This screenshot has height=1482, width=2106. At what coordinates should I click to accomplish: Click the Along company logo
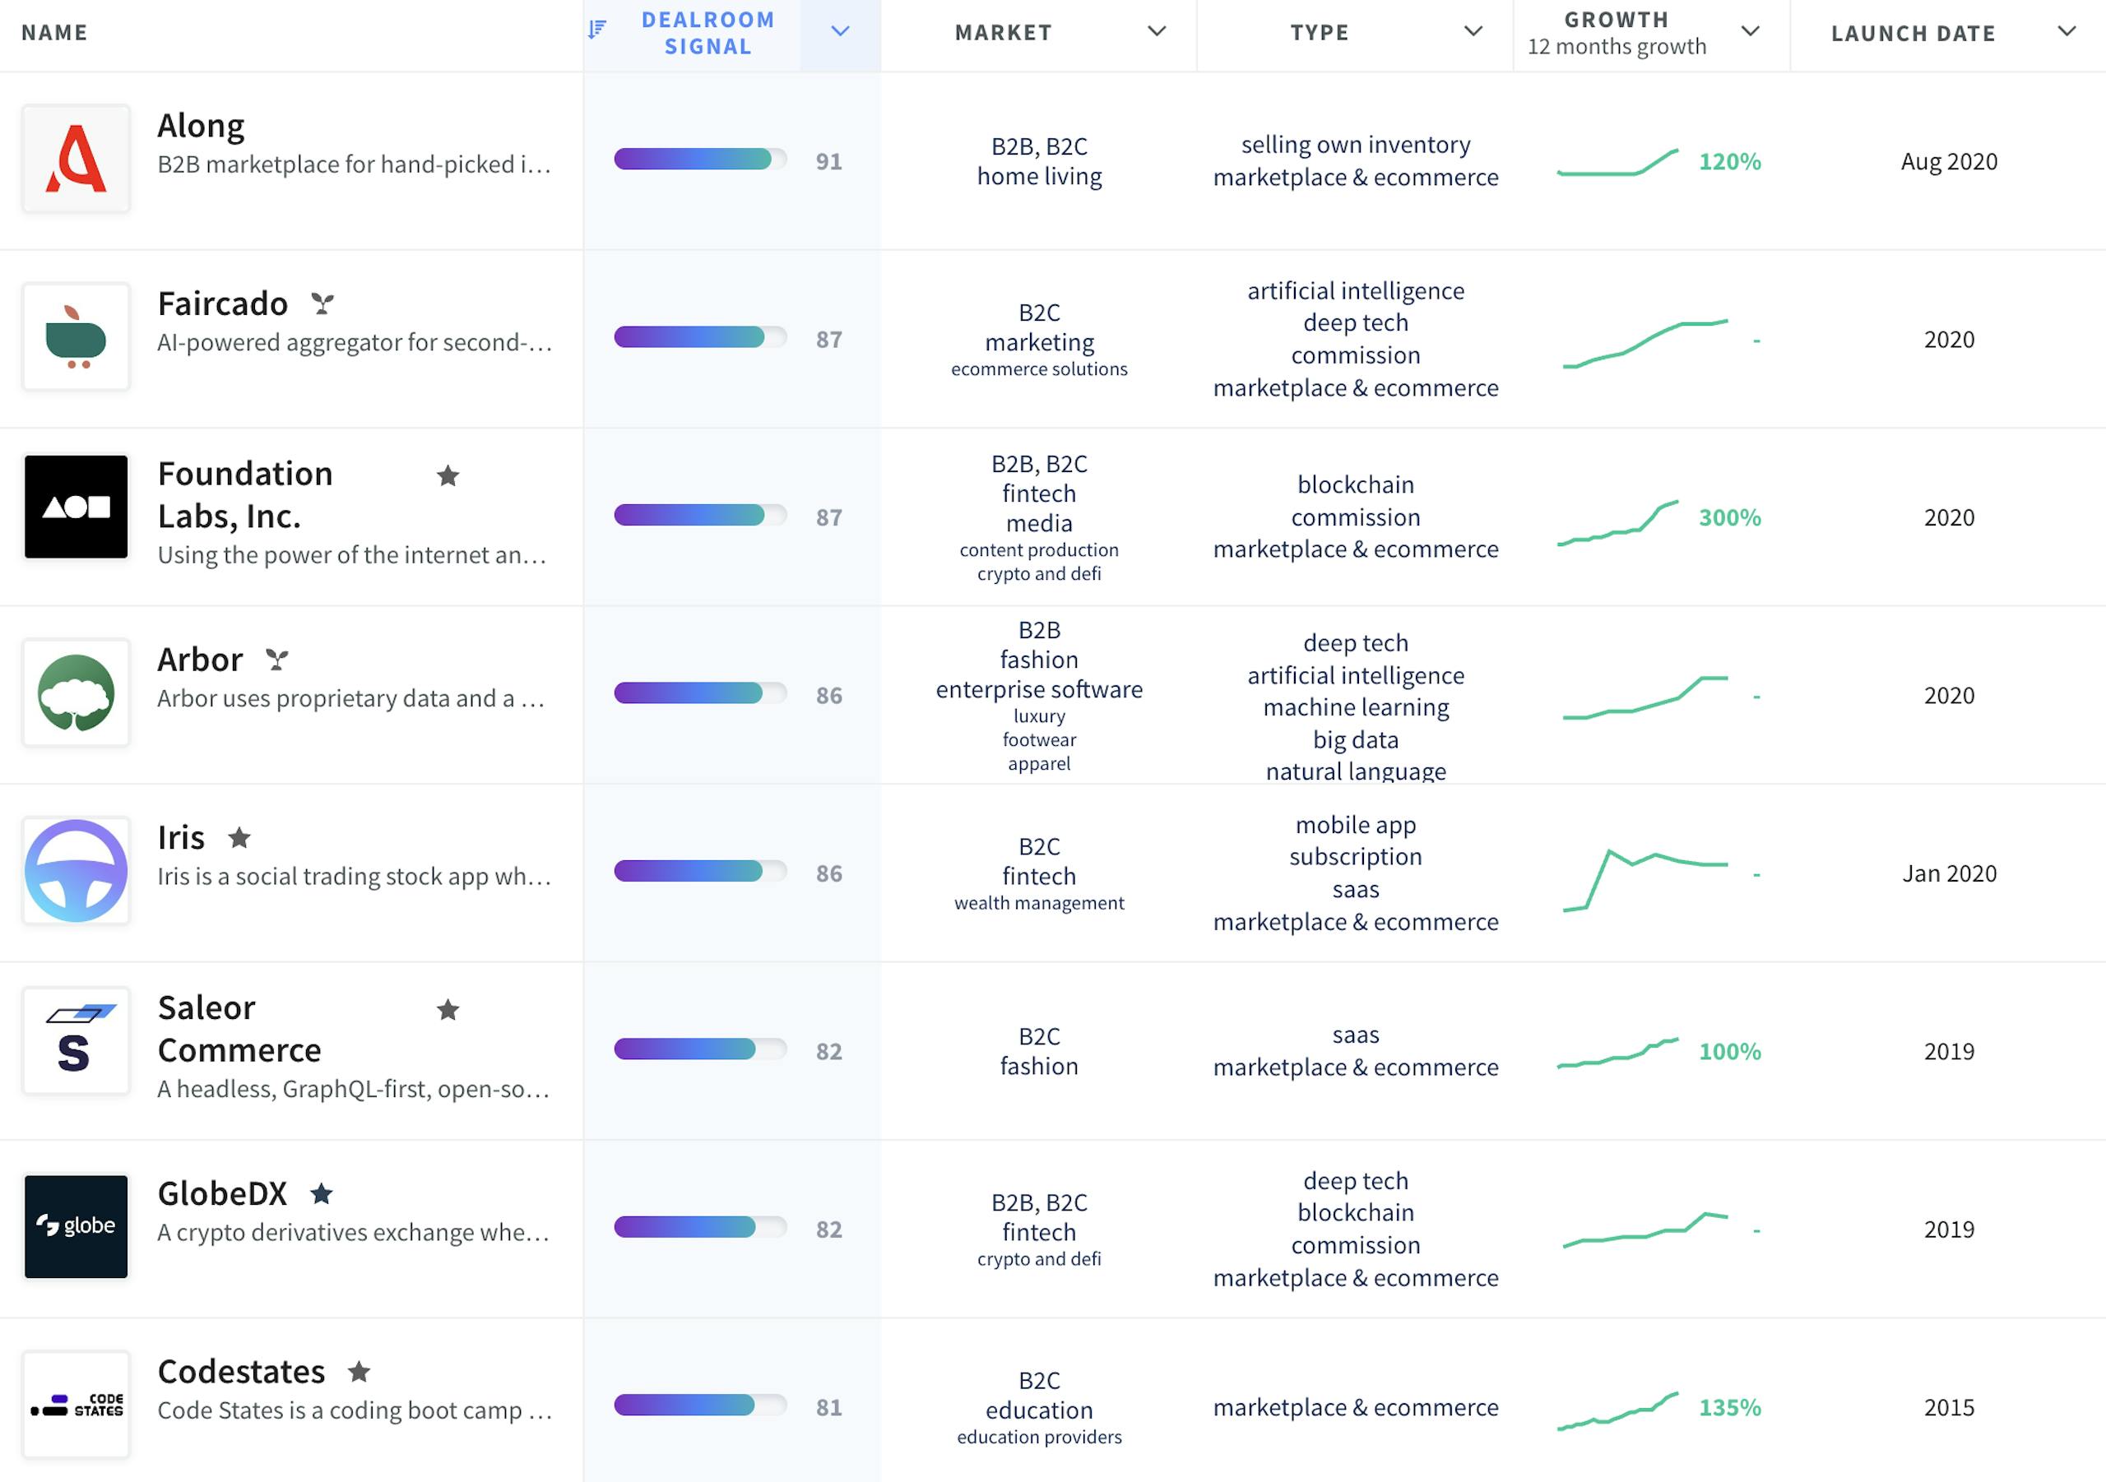(x=77, y=159)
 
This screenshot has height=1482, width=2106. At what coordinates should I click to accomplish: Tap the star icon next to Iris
(x=239, y=837)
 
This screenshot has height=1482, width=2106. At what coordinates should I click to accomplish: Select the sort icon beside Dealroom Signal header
(x=597, y=30)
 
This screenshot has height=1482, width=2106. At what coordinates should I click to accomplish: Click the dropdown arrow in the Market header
(x=1157, y=31)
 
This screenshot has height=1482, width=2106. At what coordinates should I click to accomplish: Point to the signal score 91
(x=828, y=161)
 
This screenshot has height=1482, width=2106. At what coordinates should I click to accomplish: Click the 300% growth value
(x=1729, y=517)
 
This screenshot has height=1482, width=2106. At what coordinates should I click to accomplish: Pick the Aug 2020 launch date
(x=1948, y=161)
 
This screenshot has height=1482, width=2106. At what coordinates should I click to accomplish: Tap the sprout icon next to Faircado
(x=322, y=303)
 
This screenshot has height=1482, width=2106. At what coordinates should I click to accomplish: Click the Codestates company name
(x=241, y=1371)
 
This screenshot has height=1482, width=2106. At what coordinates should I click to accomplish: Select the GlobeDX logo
(x=77, y=1226)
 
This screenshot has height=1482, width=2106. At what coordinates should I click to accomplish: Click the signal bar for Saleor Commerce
(x=700, y=1049)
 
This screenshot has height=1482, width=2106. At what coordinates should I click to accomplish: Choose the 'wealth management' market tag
(x=1038, y=903)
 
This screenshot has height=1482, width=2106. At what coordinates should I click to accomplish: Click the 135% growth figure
(x=1729, y=1407)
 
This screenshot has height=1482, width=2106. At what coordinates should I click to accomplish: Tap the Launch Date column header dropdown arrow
(x=2066, y=31)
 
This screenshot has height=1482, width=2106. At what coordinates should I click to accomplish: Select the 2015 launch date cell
(x=1948, y=1407)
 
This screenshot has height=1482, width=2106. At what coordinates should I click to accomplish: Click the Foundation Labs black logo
(x=77, y=507)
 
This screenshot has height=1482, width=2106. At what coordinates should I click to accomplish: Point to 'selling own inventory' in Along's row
(x=1355, y=145)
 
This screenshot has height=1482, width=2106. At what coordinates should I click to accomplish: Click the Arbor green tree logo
(x=77, y=692)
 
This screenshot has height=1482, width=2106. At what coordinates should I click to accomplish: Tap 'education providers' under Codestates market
(x=1038, y=1437)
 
